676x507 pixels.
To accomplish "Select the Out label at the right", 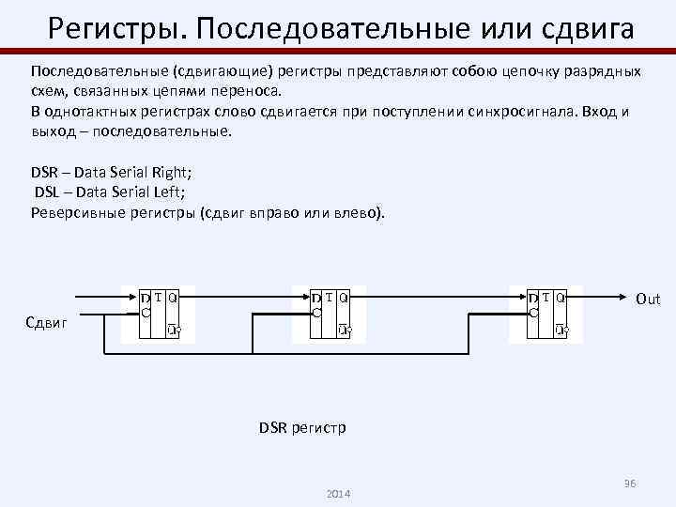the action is click(x=648, y=299).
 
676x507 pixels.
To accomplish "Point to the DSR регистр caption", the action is click(x=302, y=428).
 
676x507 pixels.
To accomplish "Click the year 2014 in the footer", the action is click(x=336, y=494).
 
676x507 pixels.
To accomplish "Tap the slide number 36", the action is click(x=630, y=483).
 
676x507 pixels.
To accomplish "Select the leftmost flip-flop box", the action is click(x=161, y=313).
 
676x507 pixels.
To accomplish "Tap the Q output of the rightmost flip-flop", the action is click(x=561, y=299).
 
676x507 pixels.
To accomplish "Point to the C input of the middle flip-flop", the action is click(x=317, y=313).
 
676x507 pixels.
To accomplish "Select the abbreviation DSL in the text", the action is click(x=48, y=192).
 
